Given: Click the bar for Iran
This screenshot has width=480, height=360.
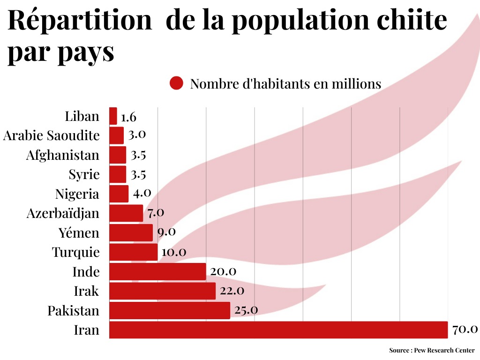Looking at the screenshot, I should (x=278, y=330).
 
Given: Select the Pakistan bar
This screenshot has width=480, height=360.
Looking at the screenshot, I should (x=170, y=310).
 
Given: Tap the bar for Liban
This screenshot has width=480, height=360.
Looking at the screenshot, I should (x=113, y=116).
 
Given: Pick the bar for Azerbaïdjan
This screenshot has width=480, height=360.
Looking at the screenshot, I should (x=126, y=213).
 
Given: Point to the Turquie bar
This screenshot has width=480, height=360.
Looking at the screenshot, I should (x=134, y=252).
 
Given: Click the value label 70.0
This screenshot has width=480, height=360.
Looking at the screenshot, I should (x=465, y=330).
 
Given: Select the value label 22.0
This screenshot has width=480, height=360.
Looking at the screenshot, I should (x=232, y=291).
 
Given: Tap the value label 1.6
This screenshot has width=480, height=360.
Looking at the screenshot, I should (x=128, y=117).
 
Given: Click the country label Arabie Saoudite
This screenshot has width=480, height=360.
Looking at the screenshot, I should (x=52, y=135).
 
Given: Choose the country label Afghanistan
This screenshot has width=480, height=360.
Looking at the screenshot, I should (x=63, y=155).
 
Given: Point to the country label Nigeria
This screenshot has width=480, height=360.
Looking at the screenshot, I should (x=77, y=194).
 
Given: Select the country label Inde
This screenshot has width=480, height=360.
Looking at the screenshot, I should (x=86, y=271).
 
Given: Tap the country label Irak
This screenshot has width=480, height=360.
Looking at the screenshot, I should (x=87, y=291).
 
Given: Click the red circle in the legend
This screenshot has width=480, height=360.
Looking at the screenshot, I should (x=176, y=83).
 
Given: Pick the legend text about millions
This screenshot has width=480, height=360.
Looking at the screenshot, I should (x=285, y=84).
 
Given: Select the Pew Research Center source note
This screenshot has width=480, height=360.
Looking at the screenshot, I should (x=432, y=350).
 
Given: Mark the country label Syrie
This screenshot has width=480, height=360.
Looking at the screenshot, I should (x=84, y=174).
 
